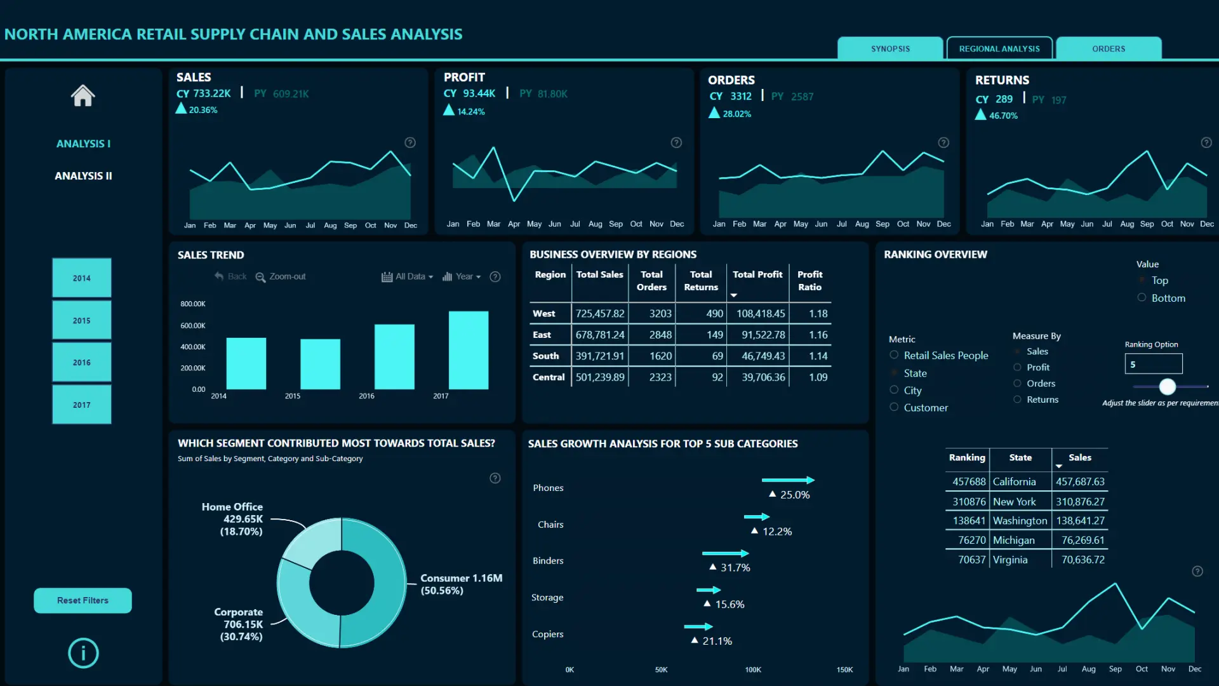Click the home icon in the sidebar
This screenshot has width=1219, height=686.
83,96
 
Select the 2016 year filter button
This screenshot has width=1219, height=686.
82,363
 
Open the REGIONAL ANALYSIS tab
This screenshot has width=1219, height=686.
999,49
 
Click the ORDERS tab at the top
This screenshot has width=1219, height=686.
1109,49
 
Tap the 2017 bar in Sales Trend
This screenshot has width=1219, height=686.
469,350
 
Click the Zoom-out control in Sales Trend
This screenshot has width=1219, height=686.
281,277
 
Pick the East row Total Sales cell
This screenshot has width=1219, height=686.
600,335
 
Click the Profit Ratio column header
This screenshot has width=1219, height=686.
809,281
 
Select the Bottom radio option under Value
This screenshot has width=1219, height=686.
1142,298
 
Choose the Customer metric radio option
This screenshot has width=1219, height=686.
894,407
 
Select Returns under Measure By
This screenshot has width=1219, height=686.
1017,400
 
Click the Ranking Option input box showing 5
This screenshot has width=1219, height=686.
1153,364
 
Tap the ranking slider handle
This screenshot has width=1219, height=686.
1167,386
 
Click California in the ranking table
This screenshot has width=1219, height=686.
1014,482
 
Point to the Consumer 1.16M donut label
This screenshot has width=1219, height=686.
461,584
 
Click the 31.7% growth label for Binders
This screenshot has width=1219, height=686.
735,568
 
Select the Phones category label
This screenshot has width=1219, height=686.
548,488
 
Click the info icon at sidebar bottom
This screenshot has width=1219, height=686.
83,653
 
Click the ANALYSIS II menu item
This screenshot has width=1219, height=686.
83,176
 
